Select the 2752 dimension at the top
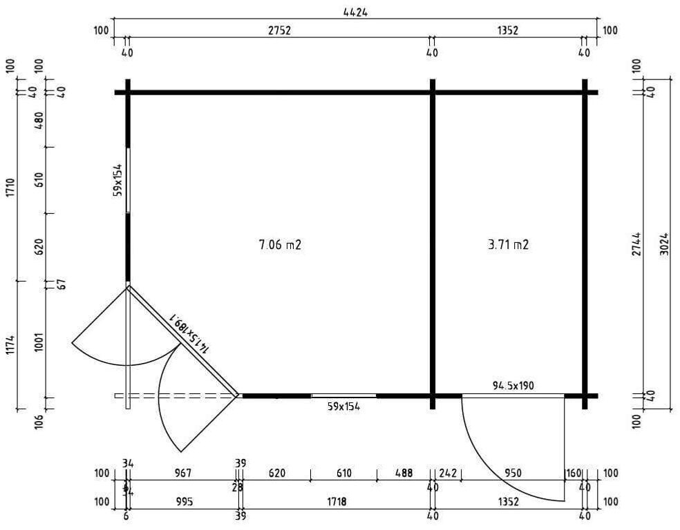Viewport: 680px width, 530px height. [x=279, y=30]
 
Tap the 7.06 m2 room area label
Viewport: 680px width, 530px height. [x=280, y=244]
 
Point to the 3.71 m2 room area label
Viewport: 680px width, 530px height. [x=508, y=244]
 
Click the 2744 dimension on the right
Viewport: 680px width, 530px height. [x=637, y=243]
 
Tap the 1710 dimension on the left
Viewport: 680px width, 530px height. [x=10, y=187]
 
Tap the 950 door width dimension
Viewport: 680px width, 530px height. [x=513, y=473]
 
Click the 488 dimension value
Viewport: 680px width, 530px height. [x=404, y=473]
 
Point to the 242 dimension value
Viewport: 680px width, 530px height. [x=448, y=473]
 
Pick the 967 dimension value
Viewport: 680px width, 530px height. [x=183, y=473]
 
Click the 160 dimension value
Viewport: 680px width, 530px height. [x=574, y=473]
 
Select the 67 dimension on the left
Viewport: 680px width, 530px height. [x=61, y=284]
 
